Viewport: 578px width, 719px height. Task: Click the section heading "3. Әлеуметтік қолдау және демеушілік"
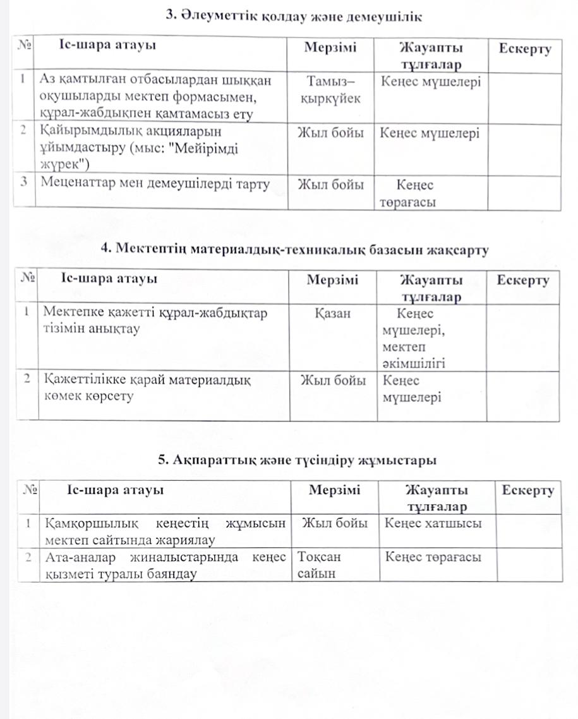coord(292,15)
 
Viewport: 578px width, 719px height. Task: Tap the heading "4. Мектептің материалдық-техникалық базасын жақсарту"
coord(295,250)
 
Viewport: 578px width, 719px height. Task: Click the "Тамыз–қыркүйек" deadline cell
coord(330,90)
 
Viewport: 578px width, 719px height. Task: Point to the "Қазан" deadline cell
coord(332,313)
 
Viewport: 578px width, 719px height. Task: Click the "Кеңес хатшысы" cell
coord(433,523)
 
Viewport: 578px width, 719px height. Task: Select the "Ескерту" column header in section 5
coord(527,490)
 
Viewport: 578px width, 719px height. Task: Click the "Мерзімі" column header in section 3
coord(330,48)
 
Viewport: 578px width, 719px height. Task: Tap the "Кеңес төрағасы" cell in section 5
coord(433,557)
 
